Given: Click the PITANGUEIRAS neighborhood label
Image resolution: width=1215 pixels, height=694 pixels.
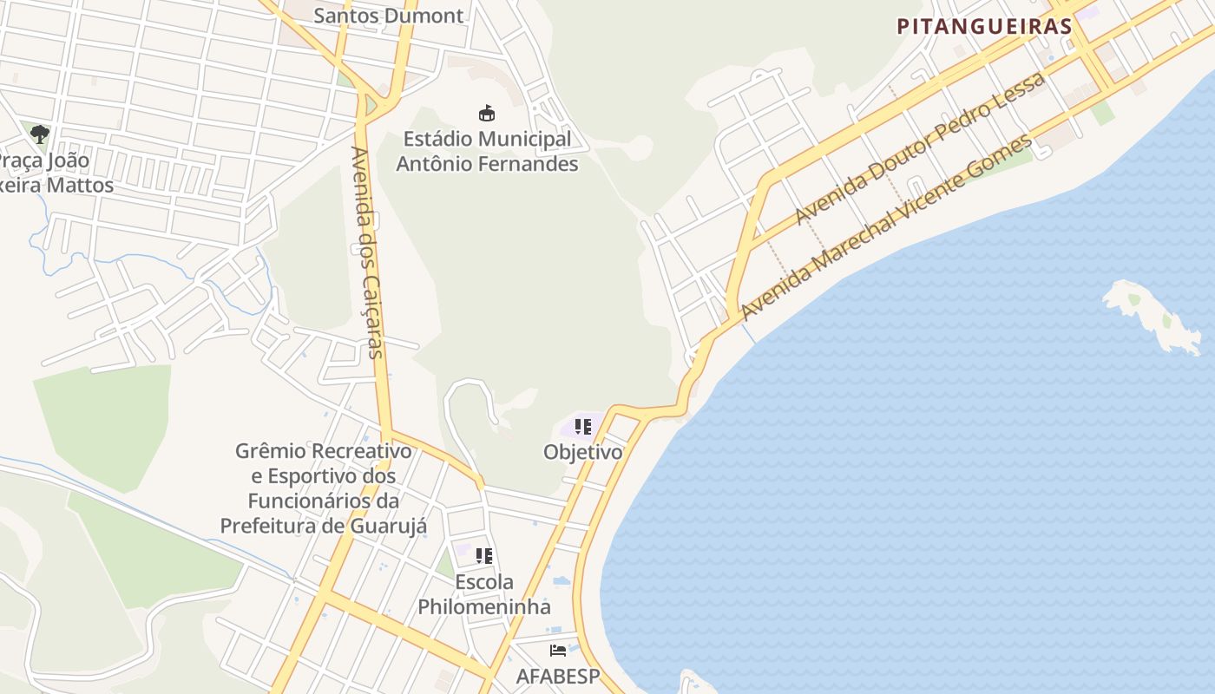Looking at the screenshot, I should [x=984, y=26].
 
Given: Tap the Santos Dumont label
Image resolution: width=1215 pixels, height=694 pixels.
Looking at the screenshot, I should [x=388, y=15].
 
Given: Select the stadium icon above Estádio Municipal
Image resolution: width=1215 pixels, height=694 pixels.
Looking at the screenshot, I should [x=487, y=113].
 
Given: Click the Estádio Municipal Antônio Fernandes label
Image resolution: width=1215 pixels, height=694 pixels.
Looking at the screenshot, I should [x=487, y=151].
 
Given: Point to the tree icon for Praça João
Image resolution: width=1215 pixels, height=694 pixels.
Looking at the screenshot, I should [x=39, y=134].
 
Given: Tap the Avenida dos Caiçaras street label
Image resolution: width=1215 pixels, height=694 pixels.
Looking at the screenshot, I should [x=366, y=252].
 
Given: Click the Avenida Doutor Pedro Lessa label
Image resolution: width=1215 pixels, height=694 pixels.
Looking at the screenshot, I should [x=920, y=147].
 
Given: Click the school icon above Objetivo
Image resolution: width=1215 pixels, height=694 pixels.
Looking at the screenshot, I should [x=583, y=427].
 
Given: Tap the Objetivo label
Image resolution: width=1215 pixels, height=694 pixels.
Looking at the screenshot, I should [x=582, y=452].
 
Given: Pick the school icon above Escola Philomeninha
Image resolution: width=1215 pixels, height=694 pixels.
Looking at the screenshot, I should [x=484, y=556].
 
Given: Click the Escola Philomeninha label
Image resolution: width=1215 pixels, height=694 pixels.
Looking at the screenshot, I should [x=484, y=594].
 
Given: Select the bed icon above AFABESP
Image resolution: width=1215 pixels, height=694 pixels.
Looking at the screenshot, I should [x=558, y=650].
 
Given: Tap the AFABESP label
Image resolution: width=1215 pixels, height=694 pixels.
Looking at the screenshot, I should [x=558, y=676].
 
